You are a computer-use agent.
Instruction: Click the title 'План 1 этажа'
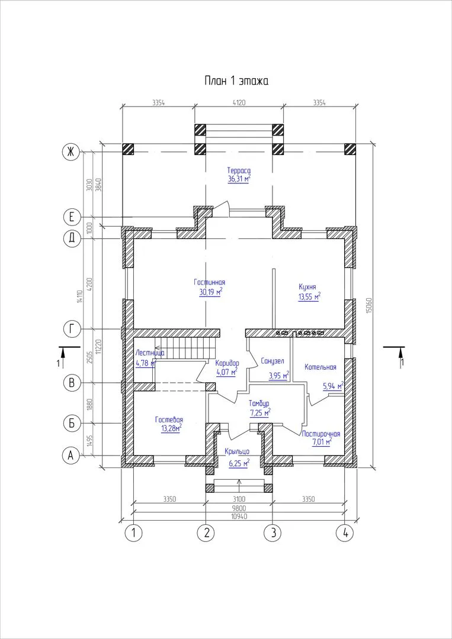[x=236, y=80]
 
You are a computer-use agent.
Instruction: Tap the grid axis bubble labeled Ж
[x=70, y=152]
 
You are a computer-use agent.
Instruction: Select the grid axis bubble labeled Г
[x=72, y=329]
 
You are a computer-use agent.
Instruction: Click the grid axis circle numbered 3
[x=273, y=532]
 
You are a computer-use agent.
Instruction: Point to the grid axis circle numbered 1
[x=133, y=532]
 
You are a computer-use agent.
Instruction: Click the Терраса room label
[x=239, y=170]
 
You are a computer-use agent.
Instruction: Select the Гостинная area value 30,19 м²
[x=210, y=292]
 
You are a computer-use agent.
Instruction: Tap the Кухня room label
[x=307, y=286]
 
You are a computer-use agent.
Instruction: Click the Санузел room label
[x=272, y=361]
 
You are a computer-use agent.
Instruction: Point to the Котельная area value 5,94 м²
[x=332, y=385]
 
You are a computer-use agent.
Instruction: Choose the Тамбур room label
[x=259, y=404]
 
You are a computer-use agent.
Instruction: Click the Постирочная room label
[x=320, y=434]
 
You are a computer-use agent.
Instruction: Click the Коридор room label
[x=227, y=363]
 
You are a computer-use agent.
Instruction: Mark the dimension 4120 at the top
[x=239, y=103]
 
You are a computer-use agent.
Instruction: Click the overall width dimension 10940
[x=239, y=516]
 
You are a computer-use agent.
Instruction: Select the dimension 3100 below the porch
[x=239, y=499]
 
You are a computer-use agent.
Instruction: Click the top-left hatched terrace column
[x=128, y=149]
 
